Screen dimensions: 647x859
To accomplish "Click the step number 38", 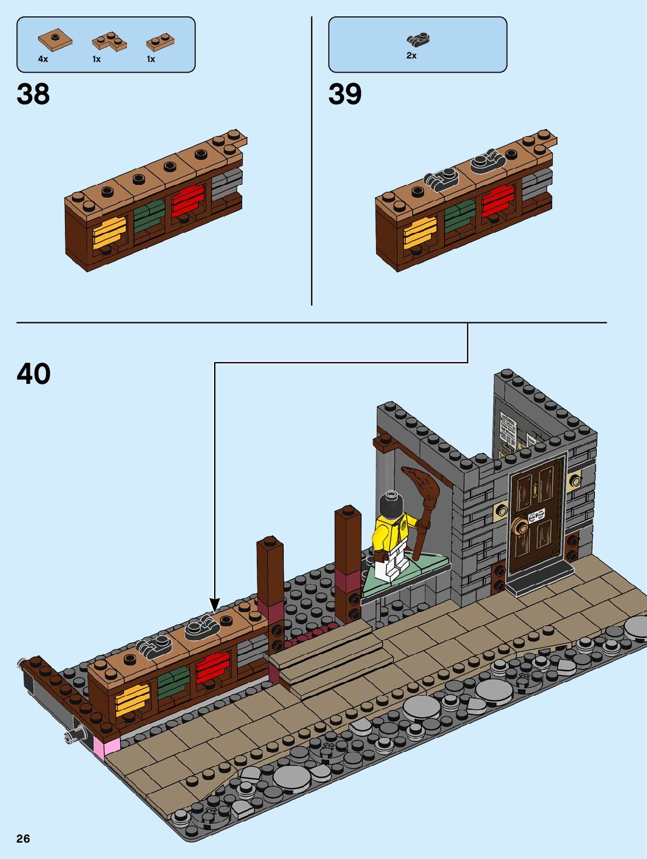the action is click(33, 94).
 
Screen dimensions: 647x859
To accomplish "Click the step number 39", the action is click(345, 94).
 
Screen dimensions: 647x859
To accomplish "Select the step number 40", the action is click(33, 374).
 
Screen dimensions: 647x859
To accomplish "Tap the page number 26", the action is click(23, 839).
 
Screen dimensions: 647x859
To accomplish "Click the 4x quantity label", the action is click(43, 59).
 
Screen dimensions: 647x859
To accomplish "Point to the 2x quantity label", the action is click(411, 56).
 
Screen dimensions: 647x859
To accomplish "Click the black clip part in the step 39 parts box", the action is click(418, 40).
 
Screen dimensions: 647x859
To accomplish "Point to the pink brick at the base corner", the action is click(111, 746).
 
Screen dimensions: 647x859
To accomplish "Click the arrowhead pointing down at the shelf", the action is click(215, 605).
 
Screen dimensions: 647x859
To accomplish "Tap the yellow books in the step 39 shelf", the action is click(420, 232).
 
